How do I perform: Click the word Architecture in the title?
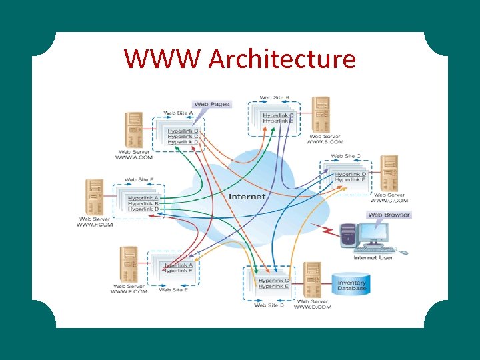pos(282,59)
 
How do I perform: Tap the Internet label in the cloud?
pos(247,197)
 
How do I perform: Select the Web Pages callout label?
pos(211,104)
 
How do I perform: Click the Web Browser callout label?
pos(389,215)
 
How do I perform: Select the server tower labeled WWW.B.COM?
pos(322,114)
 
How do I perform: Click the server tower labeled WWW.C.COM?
pos(389,173)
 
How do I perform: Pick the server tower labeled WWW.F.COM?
pos(95,197)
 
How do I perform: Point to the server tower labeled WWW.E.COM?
pos(129,265)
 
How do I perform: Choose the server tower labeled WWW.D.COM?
pos(312,280)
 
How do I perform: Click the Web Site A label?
pos(178,113)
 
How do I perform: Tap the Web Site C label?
pos(346,156)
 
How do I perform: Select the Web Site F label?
pos(139,180)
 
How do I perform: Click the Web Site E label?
pos(173,290)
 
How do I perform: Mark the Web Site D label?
pos(269,305)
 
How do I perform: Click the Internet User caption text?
pos(373,257)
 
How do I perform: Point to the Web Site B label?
pos(274,98)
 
